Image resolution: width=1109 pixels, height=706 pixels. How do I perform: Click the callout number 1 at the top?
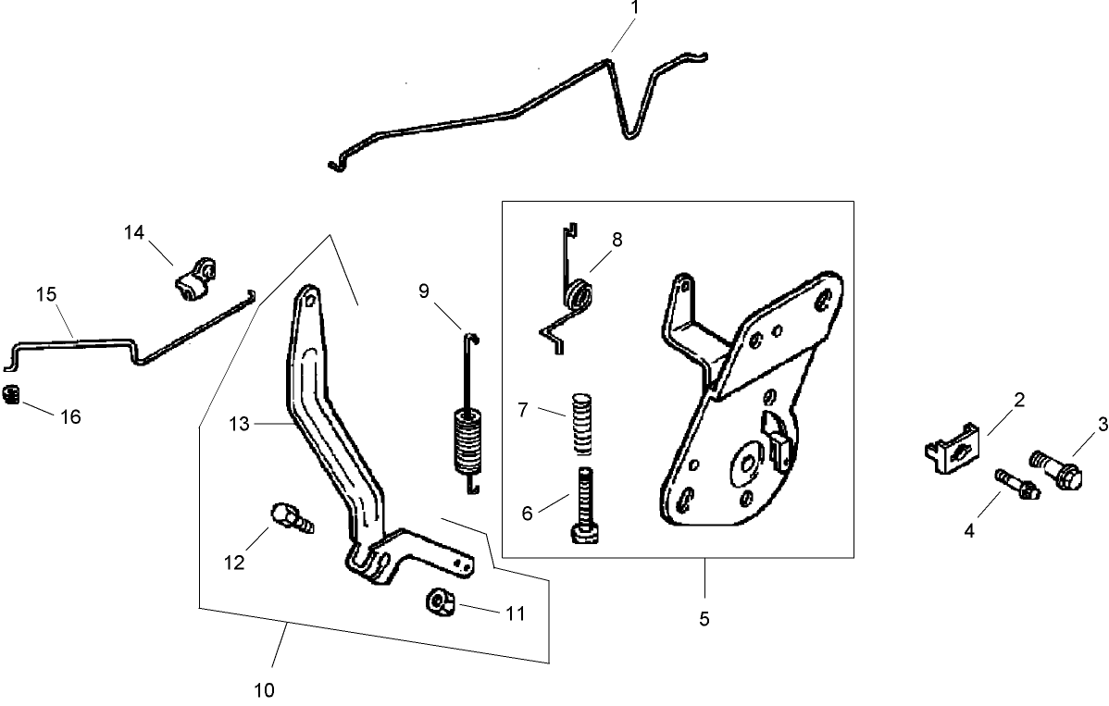coord(635,7)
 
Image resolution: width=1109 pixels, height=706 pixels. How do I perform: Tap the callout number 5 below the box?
coord(704,619)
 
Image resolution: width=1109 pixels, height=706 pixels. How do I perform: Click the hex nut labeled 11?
coord(439,602)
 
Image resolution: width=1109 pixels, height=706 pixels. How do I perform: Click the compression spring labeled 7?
coord(579,424)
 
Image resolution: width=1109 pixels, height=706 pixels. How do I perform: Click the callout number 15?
coord(46,294)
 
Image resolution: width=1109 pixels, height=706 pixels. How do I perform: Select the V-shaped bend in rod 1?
coord(631,134)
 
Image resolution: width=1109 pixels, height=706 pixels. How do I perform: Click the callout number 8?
coord(617,239)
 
